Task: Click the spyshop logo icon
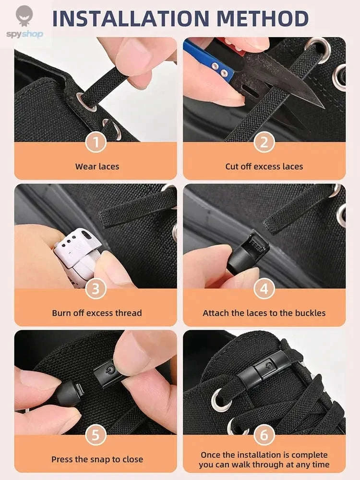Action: (24, 16)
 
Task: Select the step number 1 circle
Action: (96, 142)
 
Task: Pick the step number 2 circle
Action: (264, 142)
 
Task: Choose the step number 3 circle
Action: (96, 289)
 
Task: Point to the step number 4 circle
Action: (264, 289)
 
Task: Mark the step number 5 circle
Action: (96, 435)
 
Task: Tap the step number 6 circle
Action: (264, 435)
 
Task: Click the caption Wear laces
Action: (97, 167)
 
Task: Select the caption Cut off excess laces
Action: (264, 167)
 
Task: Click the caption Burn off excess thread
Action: (97, 313)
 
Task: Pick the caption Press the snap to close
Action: (97, 459)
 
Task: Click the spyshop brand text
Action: (24, 34)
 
